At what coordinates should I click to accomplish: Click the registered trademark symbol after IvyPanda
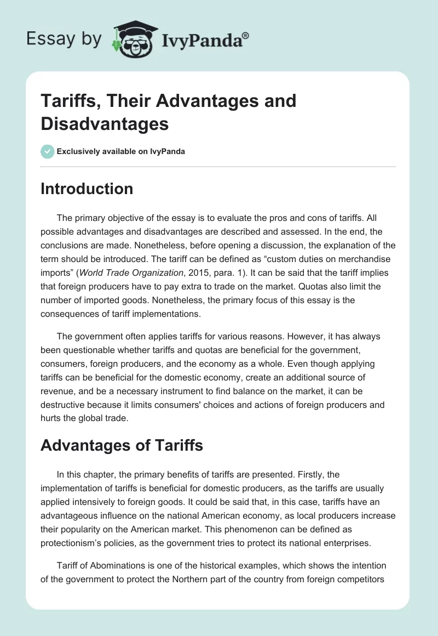(246, 35)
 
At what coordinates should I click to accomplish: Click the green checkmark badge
(48, 151)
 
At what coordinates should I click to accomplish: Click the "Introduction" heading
(87, 189)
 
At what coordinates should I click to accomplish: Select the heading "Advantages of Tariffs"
(122, 445)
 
